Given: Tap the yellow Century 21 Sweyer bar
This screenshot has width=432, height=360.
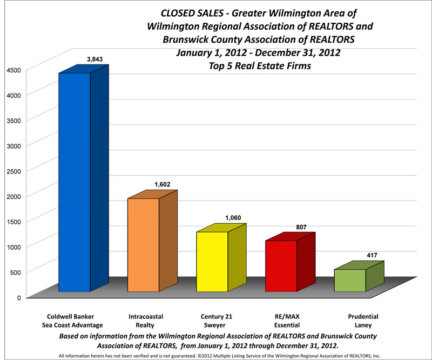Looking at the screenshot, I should [x=212, y=262].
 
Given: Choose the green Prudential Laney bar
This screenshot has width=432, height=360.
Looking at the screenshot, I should [x=350, y=280].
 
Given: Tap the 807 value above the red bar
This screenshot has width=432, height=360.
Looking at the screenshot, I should [x=301, y=226].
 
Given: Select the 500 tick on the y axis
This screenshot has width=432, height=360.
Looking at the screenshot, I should [x=15, y=272].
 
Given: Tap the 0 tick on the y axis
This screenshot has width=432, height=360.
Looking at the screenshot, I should [x=18, y=297].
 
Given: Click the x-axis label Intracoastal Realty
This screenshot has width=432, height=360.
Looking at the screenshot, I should [x=142, y=321].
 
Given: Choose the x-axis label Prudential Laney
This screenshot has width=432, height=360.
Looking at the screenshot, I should [x=363, y=321].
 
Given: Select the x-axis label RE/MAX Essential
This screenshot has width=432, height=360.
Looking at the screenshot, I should [x=287, y=321].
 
